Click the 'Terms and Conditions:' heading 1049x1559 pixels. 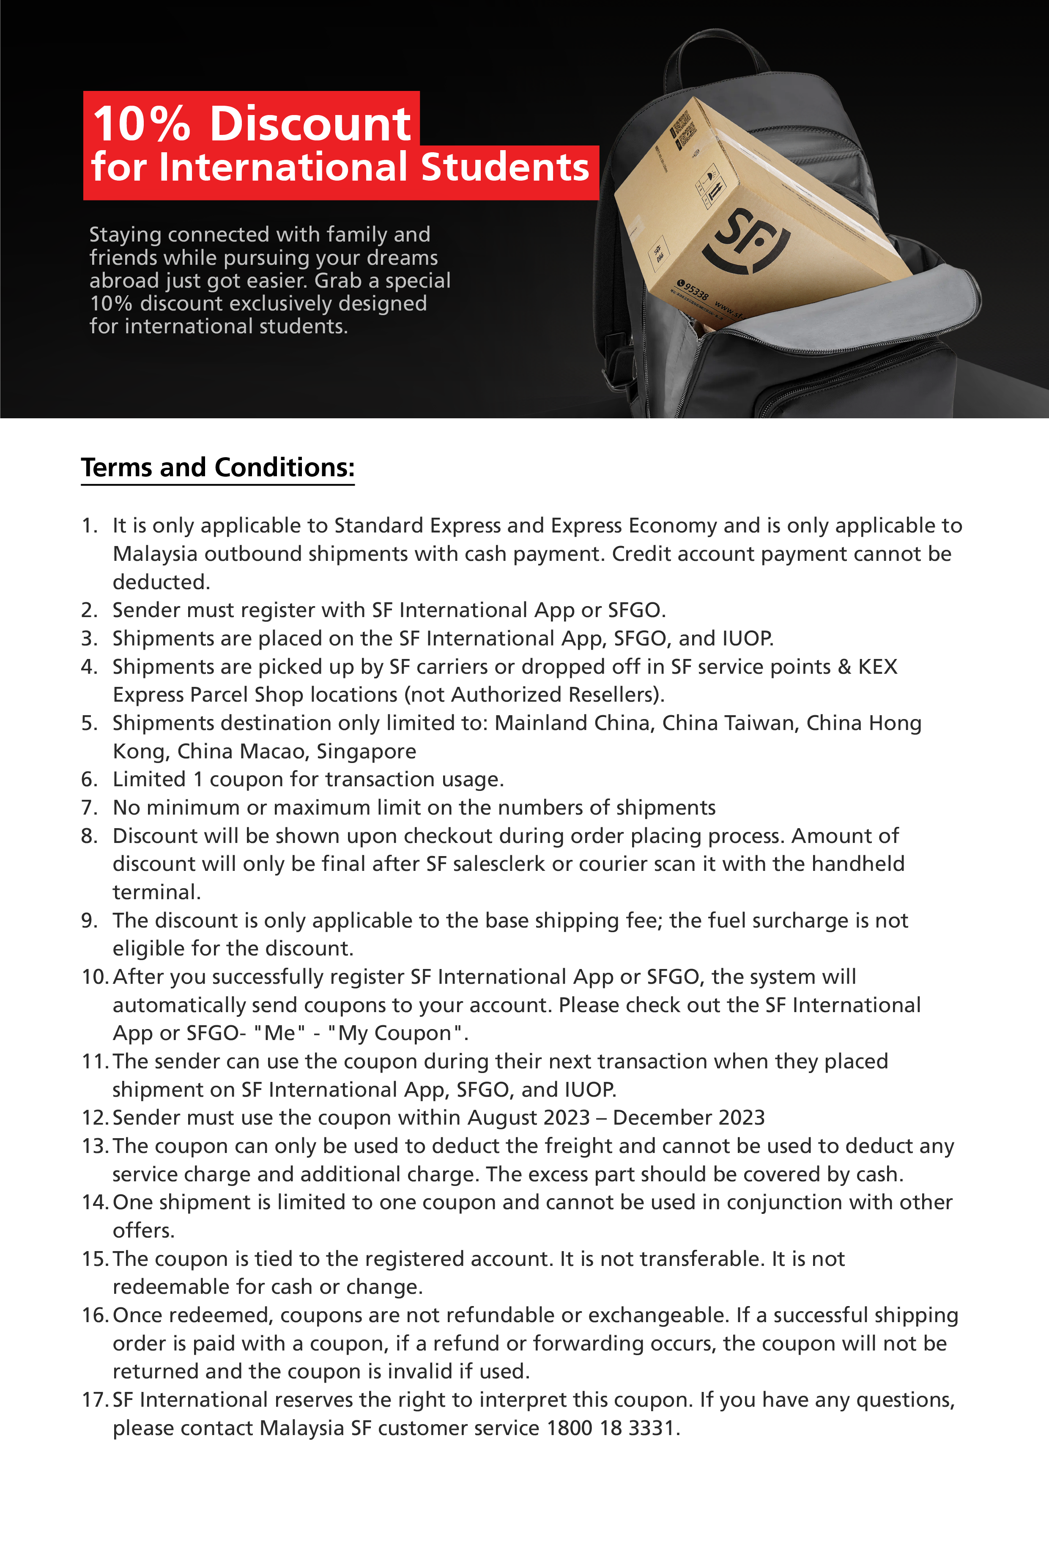click(x=217, y=467)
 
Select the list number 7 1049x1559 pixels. click(x=89, y=807)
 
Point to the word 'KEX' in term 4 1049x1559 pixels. click(x=877, y=667)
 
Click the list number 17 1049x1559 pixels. click(x=94, y=1399)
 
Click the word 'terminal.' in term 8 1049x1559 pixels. click(x=156, y=892)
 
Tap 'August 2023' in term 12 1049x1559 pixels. click(x=529, y=1117)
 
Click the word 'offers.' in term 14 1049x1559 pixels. click(x=143, y=1230)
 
